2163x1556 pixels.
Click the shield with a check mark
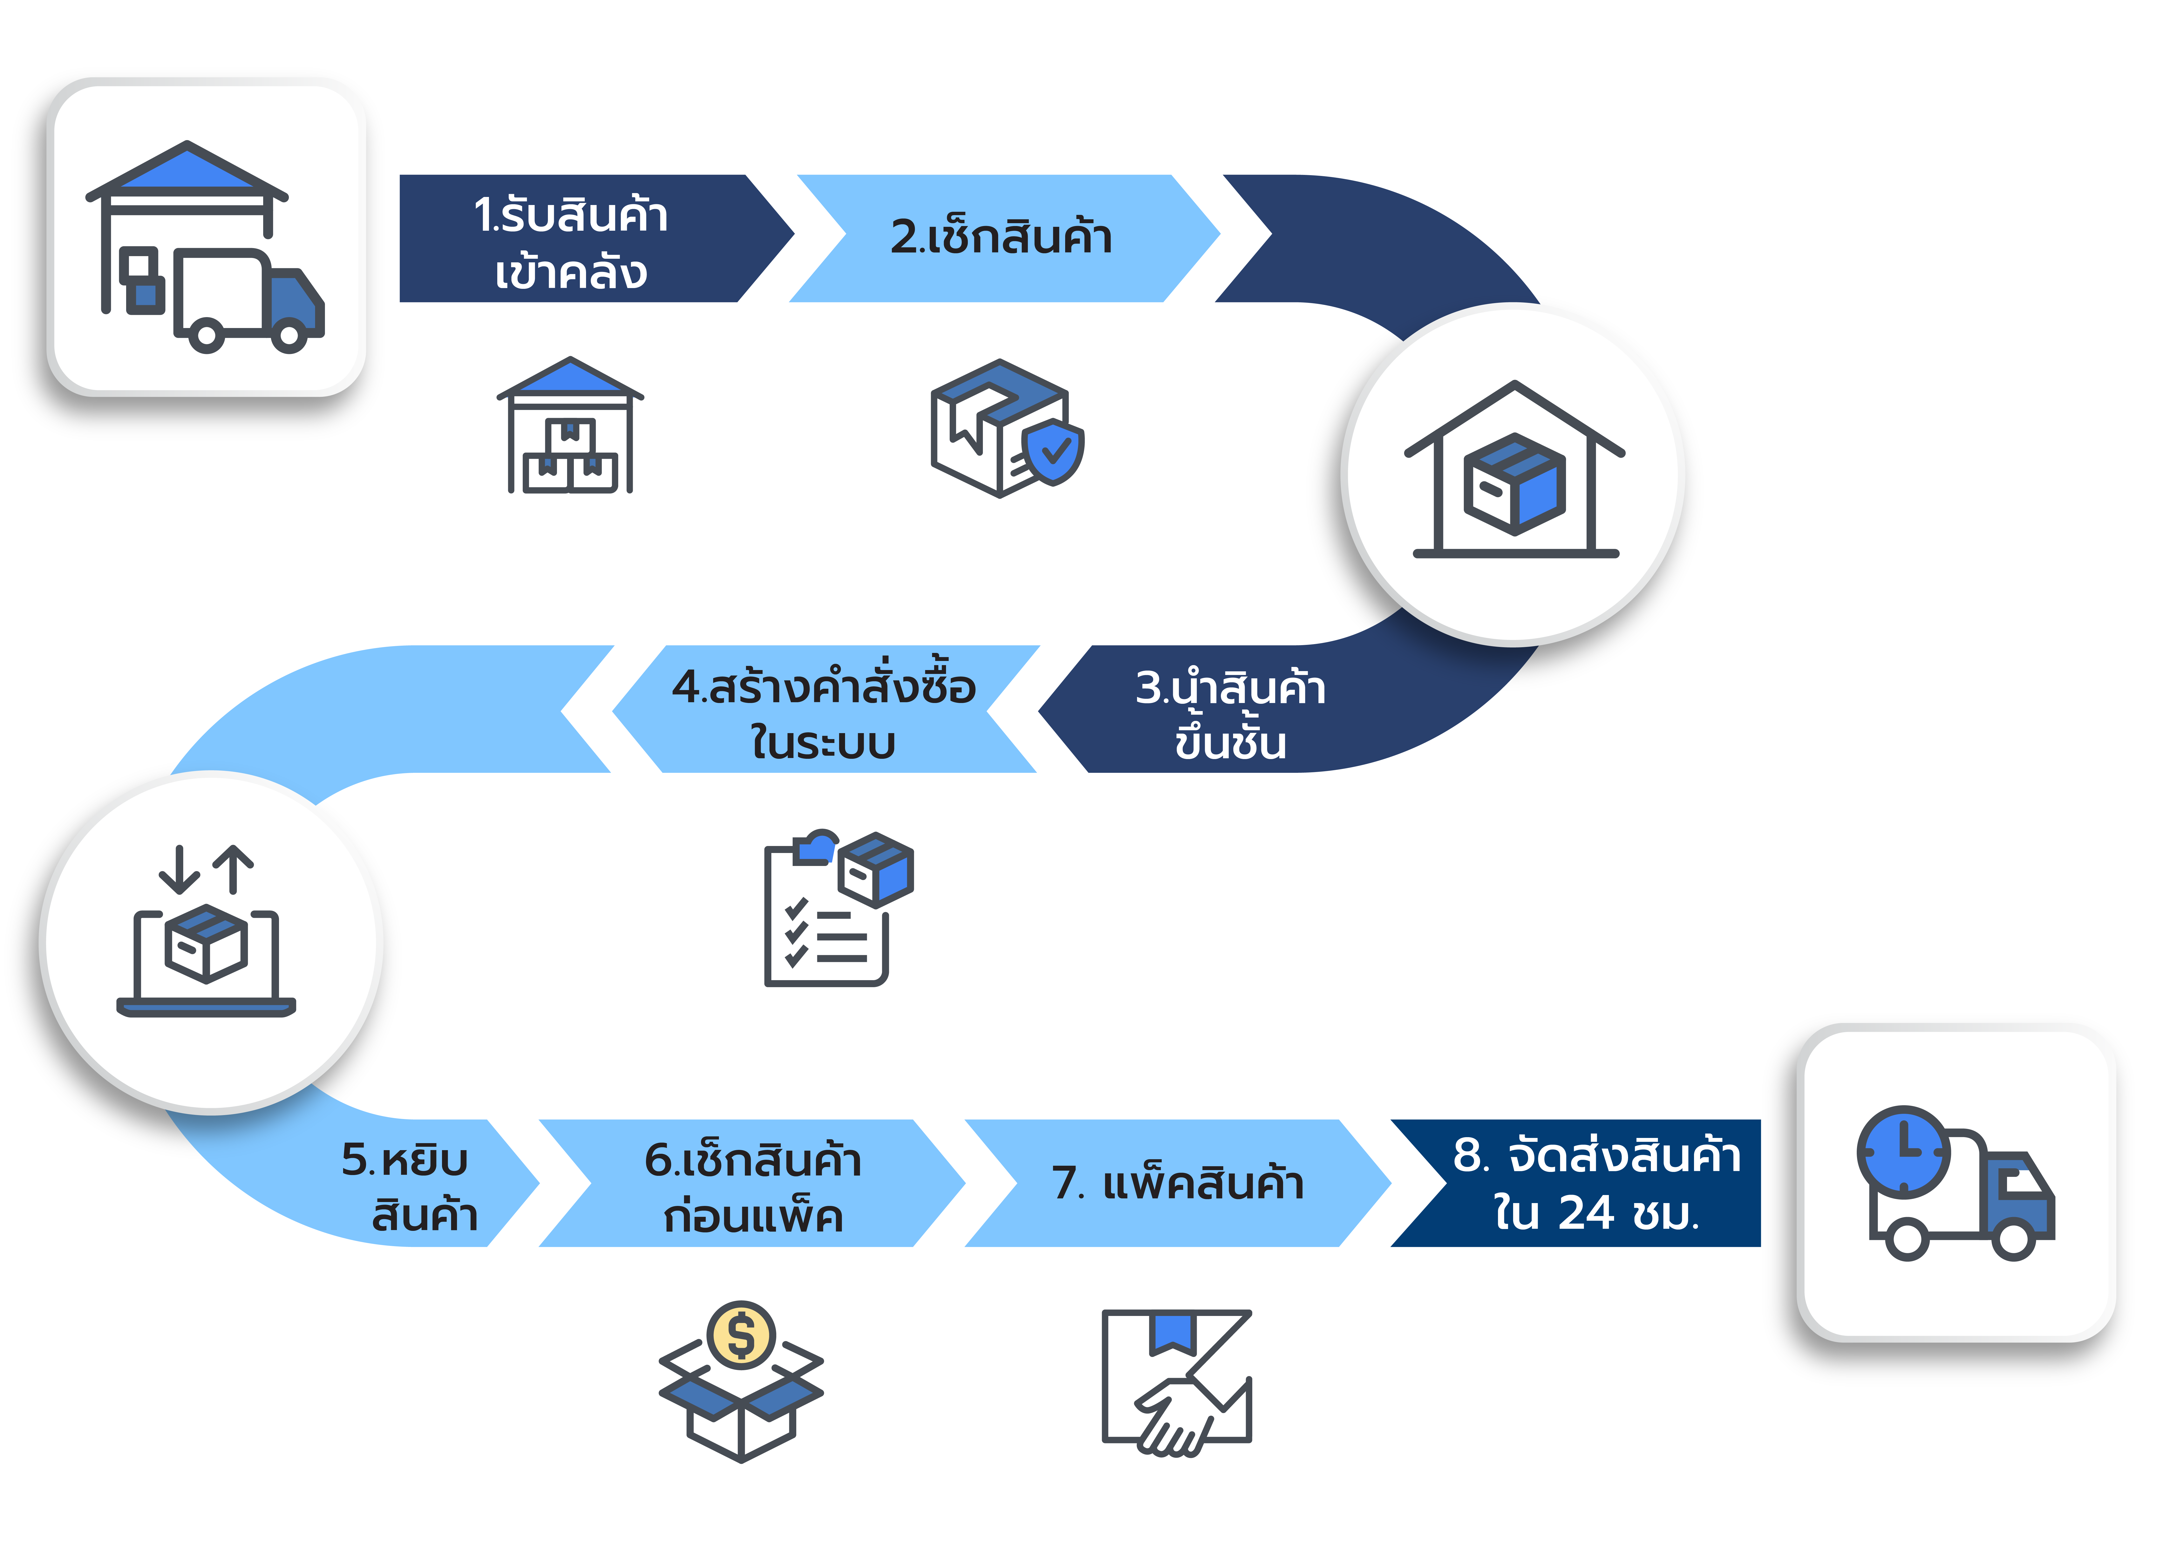[1052, 451]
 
